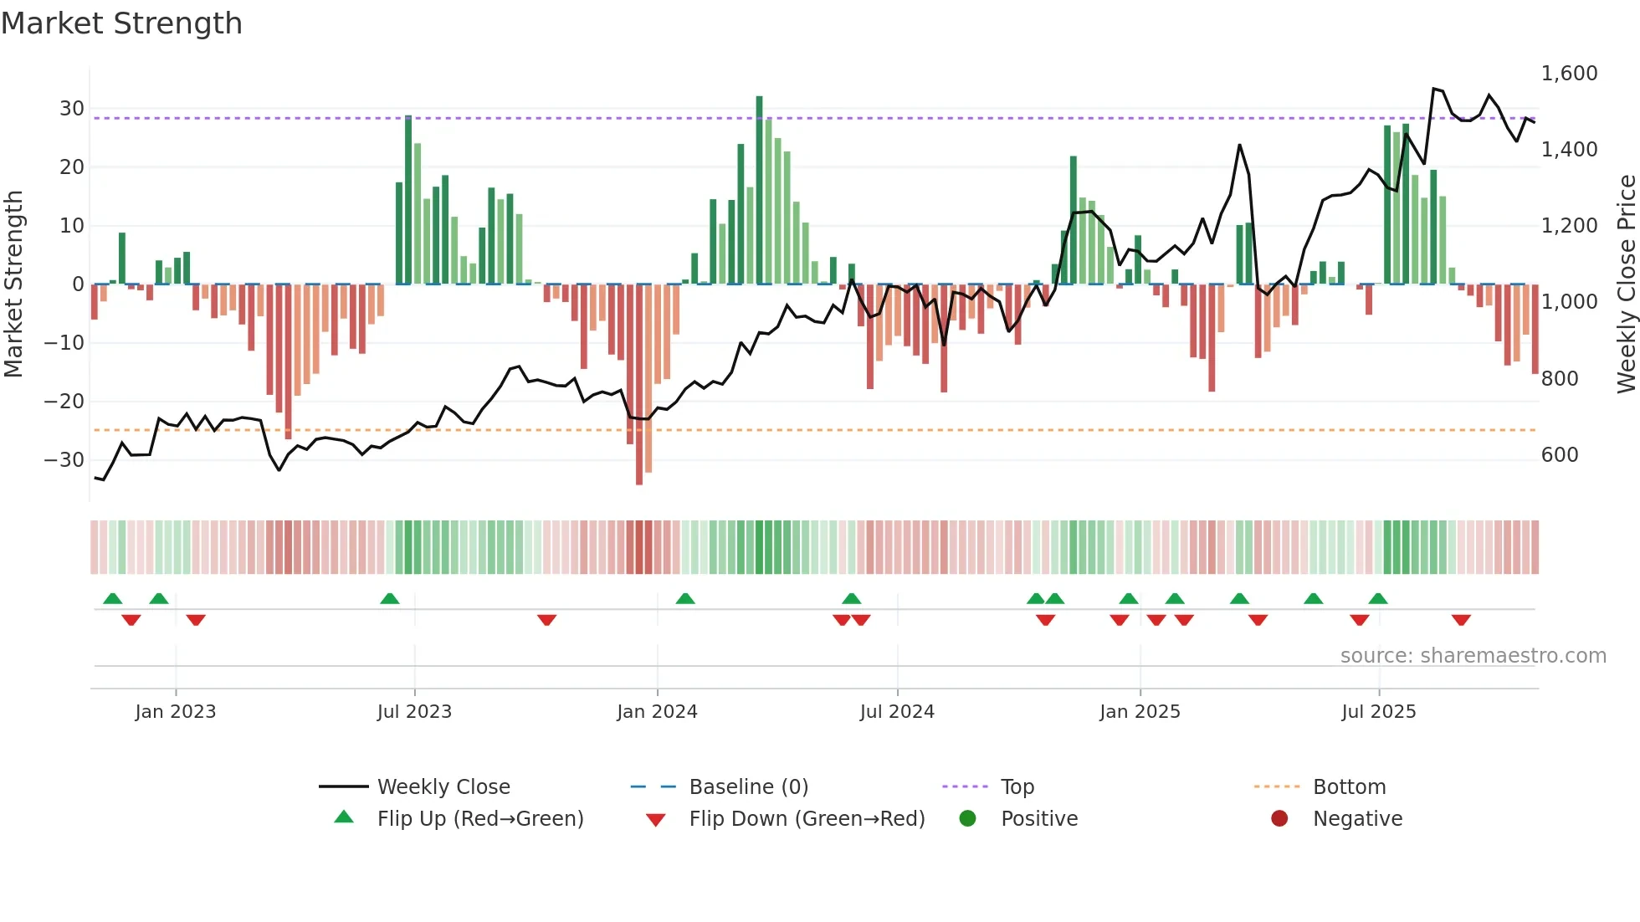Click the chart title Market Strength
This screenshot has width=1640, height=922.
point(121,23)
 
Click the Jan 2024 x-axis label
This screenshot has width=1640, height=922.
point(657,712)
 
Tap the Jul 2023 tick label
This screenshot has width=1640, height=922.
point(414,712)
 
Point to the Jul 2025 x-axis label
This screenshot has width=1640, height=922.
point(1378,712)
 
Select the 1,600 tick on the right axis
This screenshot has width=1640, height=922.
point(1569,74)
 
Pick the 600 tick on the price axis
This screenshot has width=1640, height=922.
point(1560,455)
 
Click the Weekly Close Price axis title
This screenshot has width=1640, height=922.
point(1626,284)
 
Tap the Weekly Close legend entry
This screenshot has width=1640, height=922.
point(443,787)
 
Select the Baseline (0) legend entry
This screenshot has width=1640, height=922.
point(748,787)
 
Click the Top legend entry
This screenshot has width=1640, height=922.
point(1017,787)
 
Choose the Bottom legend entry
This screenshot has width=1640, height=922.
point(1349,787)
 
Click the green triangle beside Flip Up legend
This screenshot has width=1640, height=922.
point(344,817)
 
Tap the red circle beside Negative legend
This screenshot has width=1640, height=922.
point(1279,818)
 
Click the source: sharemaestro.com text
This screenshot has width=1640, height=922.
point(1473,656)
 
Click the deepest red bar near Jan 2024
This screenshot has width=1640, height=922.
point(639,385)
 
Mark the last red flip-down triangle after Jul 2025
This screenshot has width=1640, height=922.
point(1461,620)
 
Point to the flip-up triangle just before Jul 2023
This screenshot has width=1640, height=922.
point(390,598)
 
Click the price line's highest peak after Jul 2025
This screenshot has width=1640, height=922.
point(1434,89)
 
